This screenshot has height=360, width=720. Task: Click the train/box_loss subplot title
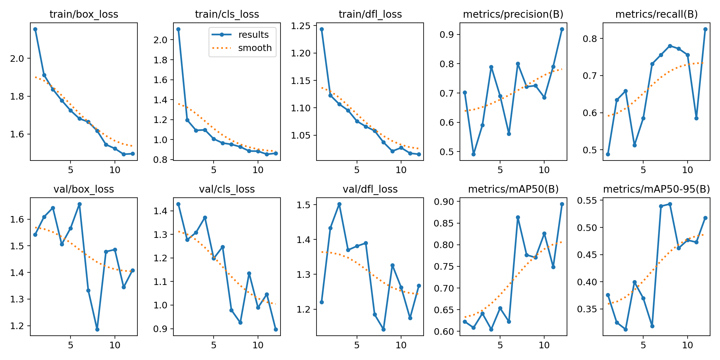coord(84,14)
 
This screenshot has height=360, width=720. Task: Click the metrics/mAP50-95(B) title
coord(656,189)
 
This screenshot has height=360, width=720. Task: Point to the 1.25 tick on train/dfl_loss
coord(301,26)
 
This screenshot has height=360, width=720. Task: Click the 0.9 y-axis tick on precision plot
coord(446,35)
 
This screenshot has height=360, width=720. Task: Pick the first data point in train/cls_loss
coord(178,29)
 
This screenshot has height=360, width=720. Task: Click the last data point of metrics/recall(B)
coord(705,29)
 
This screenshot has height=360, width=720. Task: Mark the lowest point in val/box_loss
coord(97,329)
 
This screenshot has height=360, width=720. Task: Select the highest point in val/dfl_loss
coord(339,204)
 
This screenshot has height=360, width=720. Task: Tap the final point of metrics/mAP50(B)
coord(562,204)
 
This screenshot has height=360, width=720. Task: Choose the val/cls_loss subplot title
coord(227,189)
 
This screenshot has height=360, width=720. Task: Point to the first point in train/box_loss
coord(35,29)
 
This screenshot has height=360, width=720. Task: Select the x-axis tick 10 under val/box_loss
coord(115,345)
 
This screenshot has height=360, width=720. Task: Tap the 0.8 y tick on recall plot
coord(589,39)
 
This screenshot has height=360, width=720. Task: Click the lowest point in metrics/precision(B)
coord(473,154)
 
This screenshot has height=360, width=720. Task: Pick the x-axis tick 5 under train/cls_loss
coord(214,170)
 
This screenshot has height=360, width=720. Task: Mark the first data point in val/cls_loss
coord(178,204)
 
